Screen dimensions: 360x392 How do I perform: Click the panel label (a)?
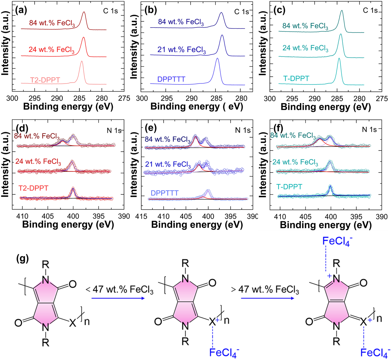click(21, 11)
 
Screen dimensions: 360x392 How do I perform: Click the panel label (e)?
click(150, 128)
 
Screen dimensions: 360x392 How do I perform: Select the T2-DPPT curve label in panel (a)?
click(45, 80)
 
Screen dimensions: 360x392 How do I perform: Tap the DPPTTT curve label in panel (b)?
click(171, 79)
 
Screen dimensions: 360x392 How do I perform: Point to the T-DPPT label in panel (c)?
click(296, 79)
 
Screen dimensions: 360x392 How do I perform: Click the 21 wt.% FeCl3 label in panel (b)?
click(181, 50)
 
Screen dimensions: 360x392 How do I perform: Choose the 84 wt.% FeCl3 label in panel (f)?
click(293, 136)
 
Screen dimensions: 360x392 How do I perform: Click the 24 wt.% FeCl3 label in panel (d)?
click(38, 162)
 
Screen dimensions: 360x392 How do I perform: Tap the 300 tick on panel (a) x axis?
click(12, 98)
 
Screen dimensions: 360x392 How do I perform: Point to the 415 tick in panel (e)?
click(141, 217)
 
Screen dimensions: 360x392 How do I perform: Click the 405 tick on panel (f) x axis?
click(306, 217)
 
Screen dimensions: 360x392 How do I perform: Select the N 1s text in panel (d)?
click(114, 130)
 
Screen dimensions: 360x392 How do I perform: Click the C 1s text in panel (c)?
click(370, 11)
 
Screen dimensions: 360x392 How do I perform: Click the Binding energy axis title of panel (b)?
click(197, 107)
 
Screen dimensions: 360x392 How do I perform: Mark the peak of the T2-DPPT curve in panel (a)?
click(82, 61)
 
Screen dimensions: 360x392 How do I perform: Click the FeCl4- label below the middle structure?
click(224, 352)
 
